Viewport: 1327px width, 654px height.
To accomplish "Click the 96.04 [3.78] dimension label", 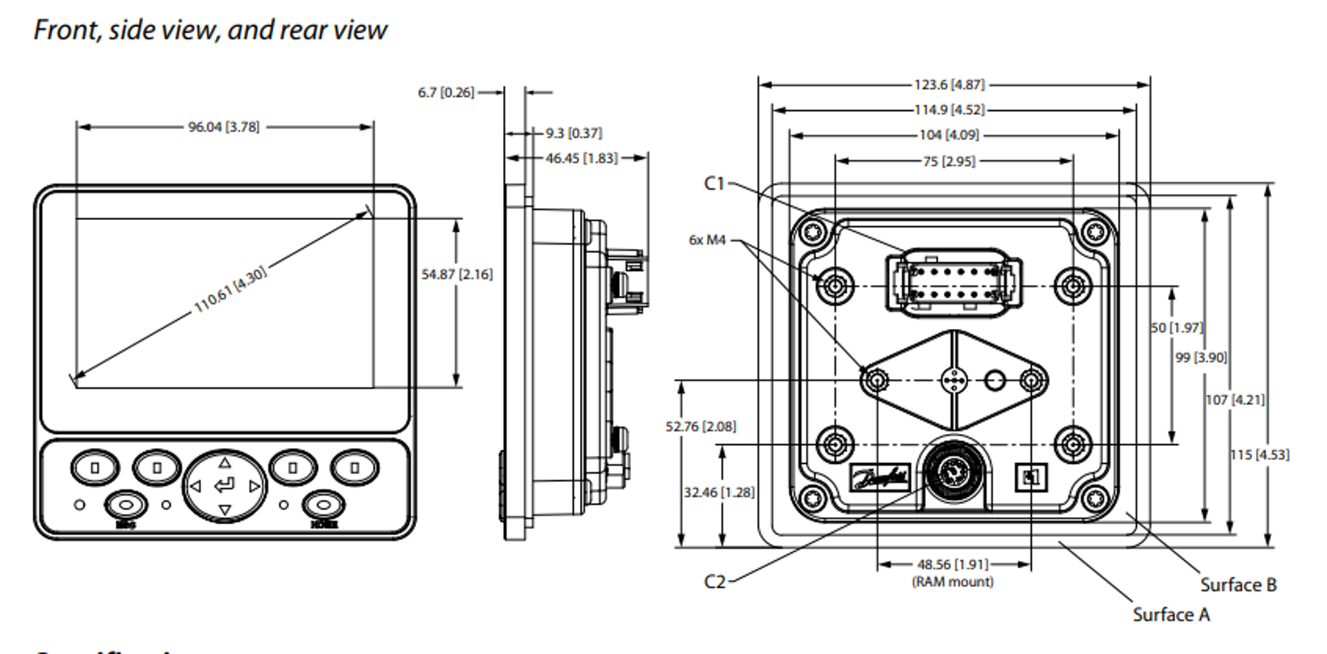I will (x=223, y=127).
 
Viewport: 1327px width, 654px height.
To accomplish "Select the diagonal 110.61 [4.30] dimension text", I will (x=229, y=290).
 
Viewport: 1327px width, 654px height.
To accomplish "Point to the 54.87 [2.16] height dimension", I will (x=457, y=274).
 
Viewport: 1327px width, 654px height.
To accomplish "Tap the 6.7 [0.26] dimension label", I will (x=446, y=92).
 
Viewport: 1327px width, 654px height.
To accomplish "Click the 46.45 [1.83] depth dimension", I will (x=581, y=158).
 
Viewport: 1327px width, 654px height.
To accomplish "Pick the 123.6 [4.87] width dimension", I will (x=949, y=84).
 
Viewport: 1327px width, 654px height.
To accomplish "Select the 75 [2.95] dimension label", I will (x=949, y=161).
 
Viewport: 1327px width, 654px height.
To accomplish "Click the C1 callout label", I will (x=714, y=183).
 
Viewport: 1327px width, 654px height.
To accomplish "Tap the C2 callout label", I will (x=715, y=581).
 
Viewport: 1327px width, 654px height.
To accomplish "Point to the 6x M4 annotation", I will (x=707, y=240).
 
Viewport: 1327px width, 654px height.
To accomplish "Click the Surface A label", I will (x=1171, y=615).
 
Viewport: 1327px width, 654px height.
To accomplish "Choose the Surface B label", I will (x=1238, y=585).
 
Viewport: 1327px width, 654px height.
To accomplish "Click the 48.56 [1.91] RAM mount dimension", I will (x=952, y=565).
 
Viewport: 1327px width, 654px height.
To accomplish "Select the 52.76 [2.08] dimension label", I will (x=701, y=427).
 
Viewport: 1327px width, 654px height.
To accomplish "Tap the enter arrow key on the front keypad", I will (x=225, y=485).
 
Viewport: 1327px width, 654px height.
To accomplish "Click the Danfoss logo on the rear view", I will (x=879, y=478).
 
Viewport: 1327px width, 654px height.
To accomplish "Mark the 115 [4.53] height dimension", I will (x=1259, y=455).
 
